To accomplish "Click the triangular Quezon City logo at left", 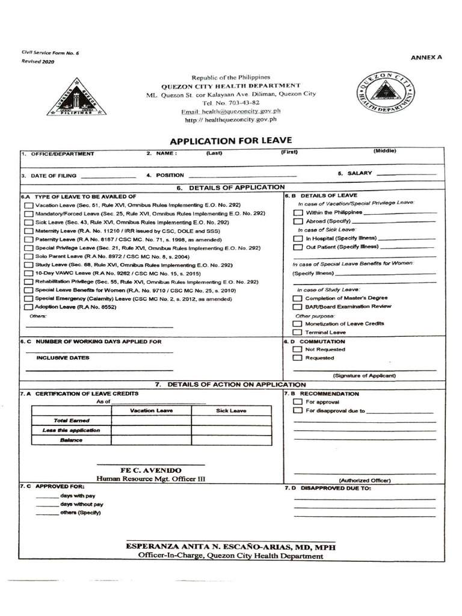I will coord(76,97).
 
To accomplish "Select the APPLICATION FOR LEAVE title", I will coord(230,141).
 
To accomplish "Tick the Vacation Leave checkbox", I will coord(29,206).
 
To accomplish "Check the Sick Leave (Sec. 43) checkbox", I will coord(29,223).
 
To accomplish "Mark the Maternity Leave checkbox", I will coord(29,231).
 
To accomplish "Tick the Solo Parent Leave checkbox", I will coord(29,256).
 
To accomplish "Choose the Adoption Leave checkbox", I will coord(29,307).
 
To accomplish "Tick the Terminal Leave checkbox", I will coord(297,332).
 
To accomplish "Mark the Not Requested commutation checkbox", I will coord(297,350).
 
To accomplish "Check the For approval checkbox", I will coord(297,402).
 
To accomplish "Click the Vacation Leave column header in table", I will coord(152,411).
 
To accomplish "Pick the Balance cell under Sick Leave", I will coord(231,440).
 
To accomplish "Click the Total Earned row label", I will coord(71,420).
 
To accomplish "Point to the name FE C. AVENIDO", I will coord(151,470).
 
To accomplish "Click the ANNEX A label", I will coord(426,58).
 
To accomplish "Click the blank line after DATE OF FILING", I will coord(108,176).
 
